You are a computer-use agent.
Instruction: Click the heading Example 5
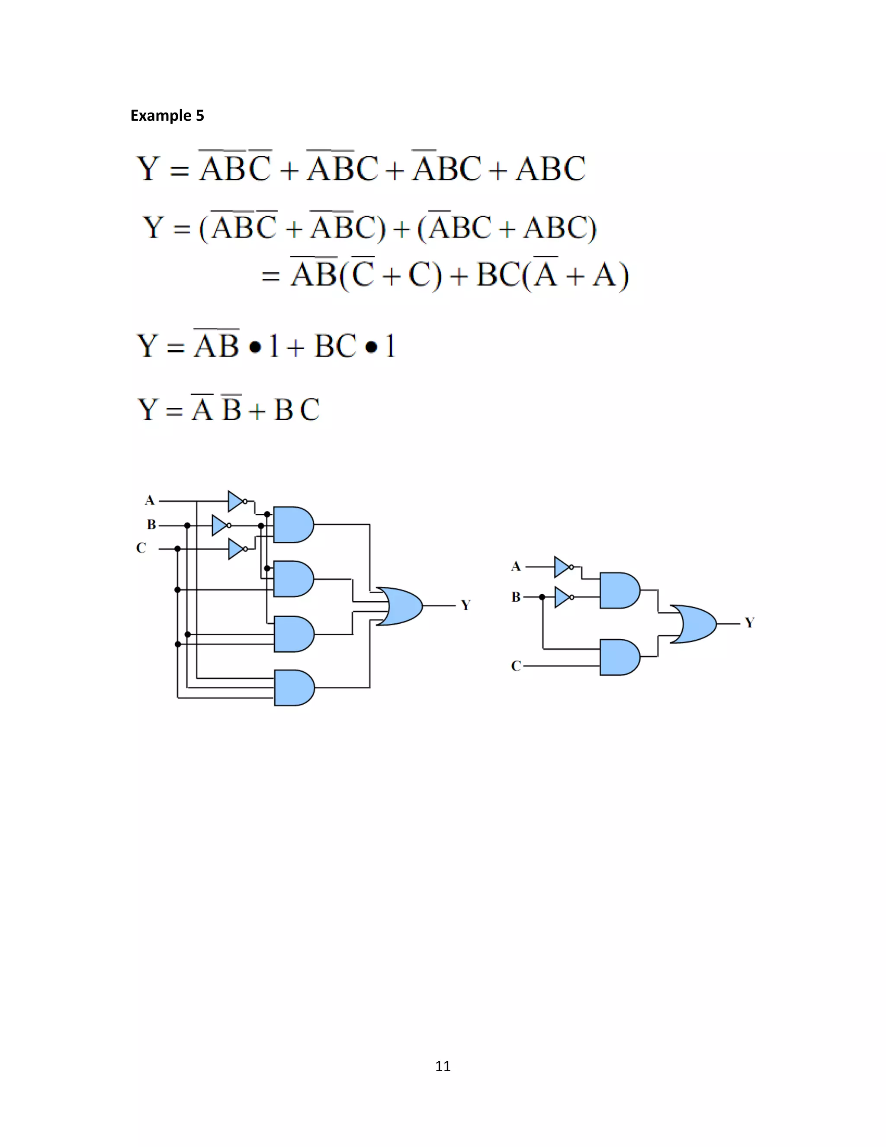[x=167, y=116]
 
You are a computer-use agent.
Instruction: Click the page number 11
[x=443, y=1066]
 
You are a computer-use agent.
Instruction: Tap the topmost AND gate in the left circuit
[x=292, y=525]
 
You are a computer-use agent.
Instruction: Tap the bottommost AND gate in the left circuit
[x=293, y=687]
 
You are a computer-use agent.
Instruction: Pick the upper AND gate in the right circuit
[x=619, y=590]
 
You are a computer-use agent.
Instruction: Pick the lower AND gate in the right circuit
[x=619, y=657]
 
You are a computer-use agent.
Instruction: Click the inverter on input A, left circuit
[x=236, y=501]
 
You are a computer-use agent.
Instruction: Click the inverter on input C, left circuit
[x=236, y=549]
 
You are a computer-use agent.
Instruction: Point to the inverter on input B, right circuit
[x=562, y=597]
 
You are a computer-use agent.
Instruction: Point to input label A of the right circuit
[x=516, y=567]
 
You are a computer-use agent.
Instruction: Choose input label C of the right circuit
[x=516, y=666]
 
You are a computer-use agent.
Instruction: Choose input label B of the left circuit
[x=151, y=525]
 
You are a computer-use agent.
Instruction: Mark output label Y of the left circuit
[x=465, y=606]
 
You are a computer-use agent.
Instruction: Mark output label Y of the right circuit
[x=750, y=623]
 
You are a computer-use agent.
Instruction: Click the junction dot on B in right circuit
[x=542, y=597]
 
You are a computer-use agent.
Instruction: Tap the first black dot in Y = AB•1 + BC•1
[x=255, y=348]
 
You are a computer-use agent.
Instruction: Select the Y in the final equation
[x=148, y=409]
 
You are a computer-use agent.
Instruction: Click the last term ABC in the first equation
[x=550, y=169]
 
